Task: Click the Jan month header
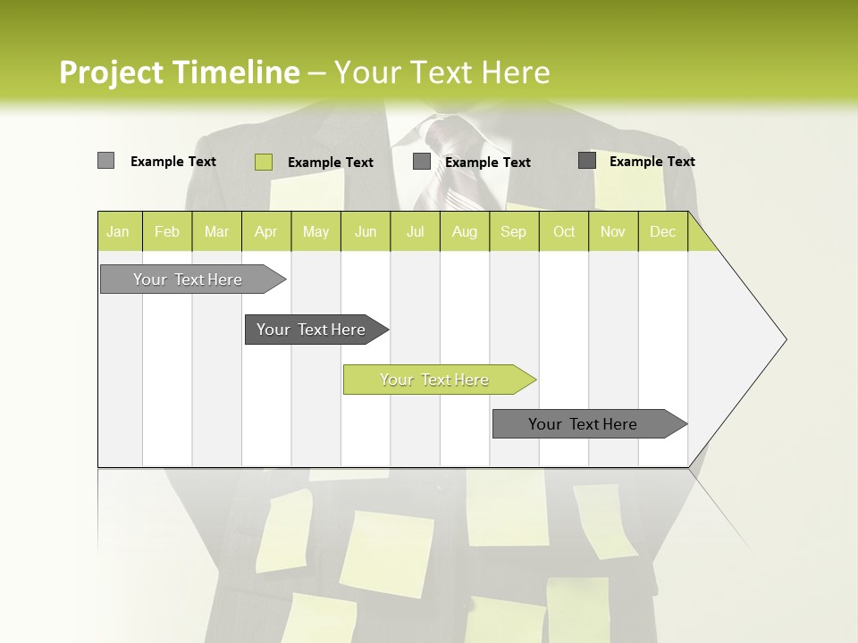tap(119, 231)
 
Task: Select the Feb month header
tap(167, 231)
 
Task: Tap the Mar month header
tap(216, 231)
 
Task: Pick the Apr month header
tap(266, 231)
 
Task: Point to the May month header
tap(315, 231)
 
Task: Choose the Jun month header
tap(366, 231)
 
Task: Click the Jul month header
tap(415, 231)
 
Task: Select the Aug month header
tap(465, 231)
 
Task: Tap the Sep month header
tap(514, 231)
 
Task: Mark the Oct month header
tap(564, 231)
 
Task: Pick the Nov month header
tap(613, 231)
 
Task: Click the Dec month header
tap(663, 231)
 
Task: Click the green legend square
tap(264, 162)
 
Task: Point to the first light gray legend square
tap(105, 161)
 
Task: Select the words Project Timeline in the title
tap(180, 72)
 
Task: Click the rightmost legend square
tap(587, 161)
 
